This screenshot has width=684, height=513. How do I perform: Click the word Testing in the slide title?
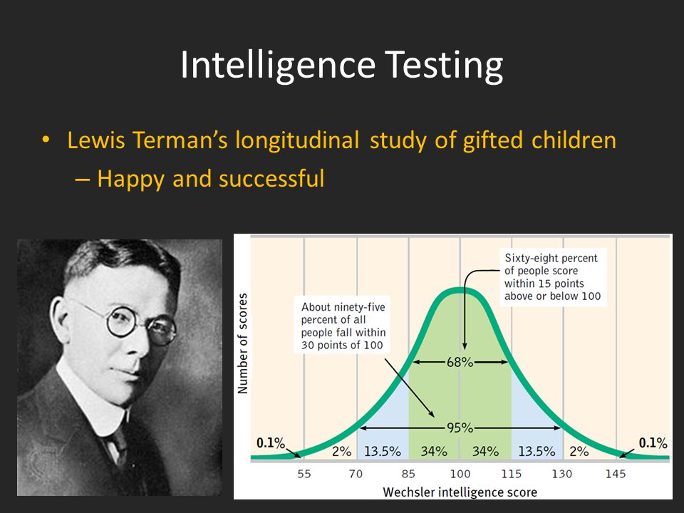444,66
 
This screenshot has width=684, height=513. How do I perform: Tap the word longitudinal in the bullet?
297,141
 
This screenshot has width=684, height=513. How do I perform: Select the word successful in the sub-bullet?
271,178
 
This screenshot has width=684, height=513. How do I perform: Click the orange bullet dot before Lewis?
46,140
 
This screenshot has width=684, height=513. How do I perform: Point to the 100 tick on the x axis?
460,474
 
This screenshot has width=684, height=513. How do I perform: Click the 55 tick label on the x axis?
304,474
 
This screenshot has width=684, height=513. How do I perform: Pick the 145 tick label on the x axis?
616,474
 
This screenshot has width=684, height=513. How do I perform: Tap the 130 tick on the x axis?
562,474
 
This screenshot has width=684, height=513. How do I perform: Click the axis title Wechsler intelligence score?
460,492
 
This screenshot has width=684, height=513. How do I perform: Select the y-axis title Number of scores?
242,343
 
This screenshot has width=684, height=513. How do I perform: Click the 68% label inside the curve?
460,362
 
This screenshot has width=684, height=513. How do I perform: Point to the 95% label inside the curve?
460,428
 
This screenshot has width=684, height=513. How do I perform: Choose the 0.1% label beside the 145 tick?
653,443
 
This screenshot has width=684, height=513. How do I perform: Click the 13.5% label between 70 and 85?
383,451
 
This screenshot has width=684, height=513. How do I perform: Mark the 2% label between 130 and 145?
579,451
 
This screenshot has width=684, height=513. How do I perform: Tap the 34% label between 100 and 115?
485,451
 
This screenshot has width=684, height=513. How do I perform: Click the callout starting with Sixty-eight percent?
553,277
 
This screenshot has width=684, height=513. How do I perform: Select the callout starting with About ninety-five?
343,326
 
